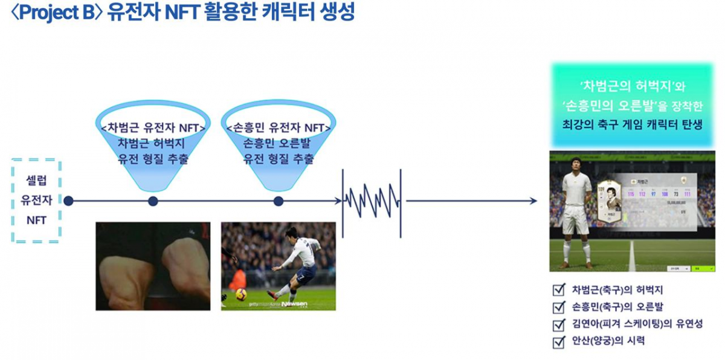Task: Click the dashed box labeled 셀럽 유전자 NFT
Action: (x=36, y=201)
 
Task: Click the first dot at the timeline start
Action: (x=68, y=201)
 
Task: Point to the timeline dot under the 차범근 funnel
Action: (x=153, y=201)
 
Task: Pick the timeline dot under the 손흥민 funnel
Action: (x=278, y=201)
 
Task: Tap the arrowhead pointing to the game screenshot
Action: (x=533, y=201)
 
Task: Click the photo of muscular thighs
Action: (x=153, y=266)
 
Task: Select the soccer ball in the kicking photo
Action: (x=240, y=294)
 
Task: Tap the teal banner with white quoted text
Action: (x=631, y=106)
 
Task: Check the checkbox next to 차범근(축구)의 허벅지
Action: (x=559, y=289)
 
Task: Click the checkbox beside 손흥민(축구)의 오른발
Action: (x=559, y=307)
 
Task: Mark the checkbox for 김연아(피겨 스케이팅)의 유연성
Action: (x=559, y=324)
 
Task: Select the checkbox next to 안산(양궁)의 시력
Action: (x=559, y=342)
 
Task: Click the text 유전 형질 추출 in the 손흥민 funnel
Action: (x=278, y=160)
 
